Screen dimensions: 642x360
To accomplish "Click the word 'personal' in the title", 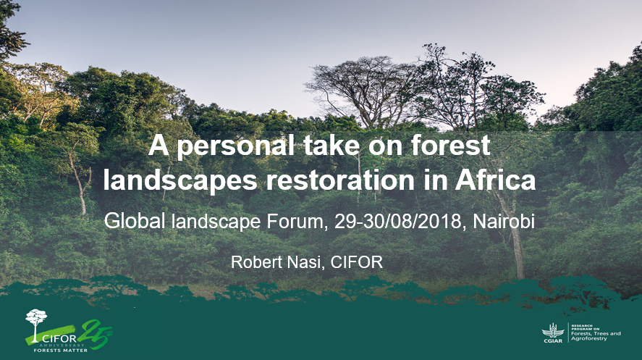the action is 235,146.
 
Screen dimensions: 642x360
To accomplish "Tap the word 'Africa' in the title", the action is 495,180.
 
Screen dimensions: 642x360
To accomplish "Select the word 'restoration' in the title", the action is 340,180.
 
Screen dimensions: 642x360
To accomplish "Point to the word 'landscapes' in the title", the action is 180,181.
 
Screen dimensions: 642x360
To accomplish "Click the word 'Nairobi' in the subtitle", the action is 504,222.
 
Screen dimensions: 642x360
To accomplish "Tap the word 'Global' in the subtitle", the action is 135,221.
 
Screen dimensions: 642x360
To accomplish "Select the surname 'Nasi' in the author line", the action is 307,262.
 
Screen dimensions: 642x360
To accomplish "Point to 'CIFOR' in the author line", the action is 357,262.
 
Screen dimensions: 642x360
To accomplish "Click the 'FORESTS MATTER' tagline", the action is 60,350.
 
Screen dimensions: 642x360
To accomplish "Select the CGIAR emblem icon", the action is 553,330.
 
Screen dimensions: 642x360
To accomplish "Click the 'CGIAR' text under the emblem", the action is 553,340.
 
